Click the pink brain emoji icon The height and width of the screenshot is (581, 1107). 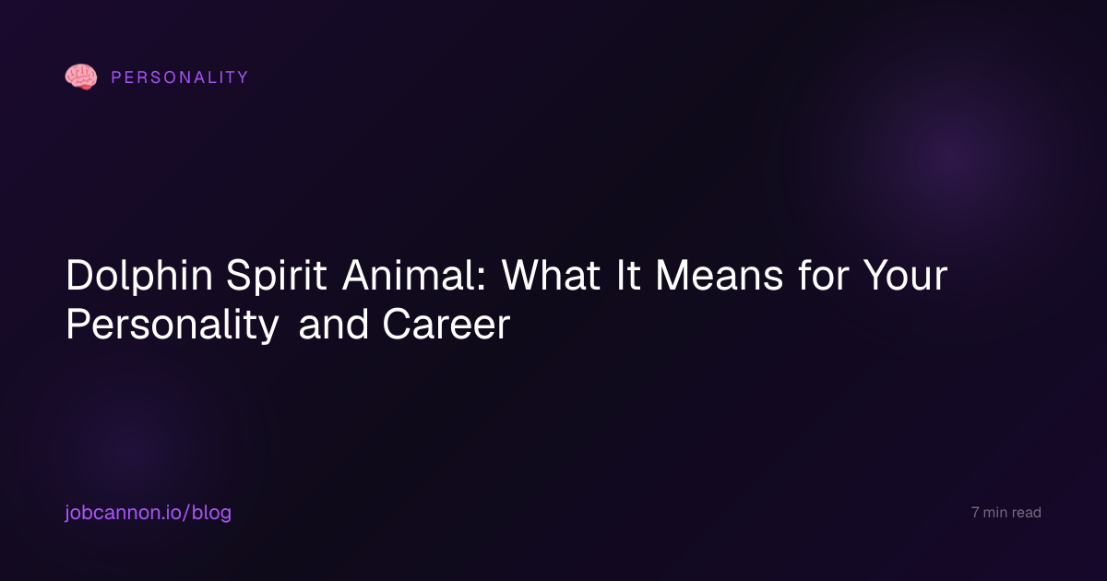point(81,77)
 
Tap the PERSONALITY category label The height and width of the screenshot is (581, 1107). point(180,77)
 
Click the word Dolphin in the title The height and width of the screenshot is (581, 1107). point(139,276)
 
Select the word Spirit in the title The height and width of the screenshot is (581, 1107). point(276,276)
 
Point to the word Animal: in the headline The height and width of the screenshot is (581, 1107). point(414,275)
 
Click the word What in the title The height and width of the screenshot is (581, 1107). point(551,275)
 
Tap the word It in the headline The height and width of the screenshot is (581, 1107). point(627,275)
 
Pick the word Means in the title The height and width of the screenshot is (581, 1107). point(719,275)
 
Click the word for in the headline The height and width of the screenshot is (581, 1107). point(823,274)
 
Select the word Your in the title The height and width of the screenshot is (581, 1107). point(905,275)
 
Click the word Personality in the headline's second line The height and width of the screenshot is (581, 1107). point(173,325)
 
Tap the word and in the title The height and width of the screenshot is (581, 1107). point(334,324)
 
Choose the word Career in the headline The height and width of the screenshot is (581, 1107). point(446,325)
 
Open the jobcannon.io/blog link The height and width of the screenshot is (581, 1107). point(149,513)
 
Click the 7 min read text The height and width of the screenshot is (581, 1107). point(1006,513)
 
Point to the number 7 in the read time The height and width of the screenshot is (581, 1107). point(975,513)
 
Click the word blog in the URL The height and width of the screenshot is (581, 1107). point(211,513)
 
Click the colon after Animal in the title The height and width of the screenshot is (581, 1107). point(482,280)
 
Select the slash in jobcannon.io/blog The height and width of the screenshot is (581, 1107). point(186,513)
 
